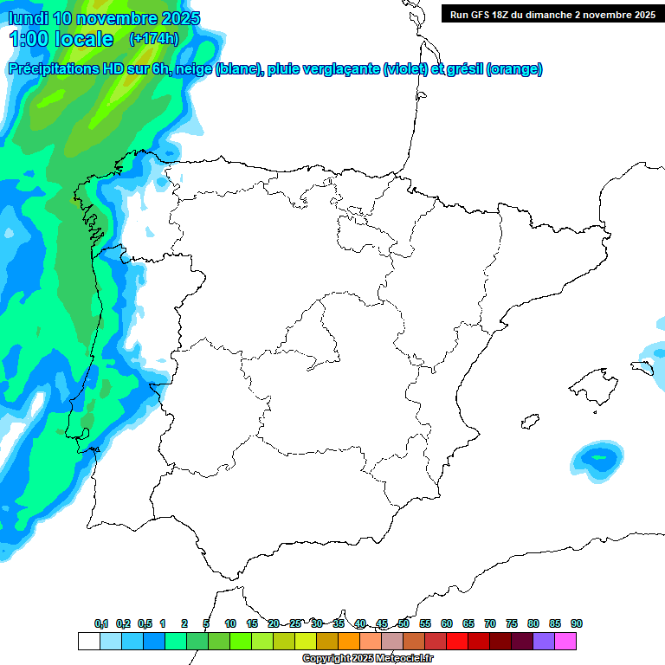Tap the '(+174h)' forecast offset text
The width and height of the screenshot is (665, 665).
point(153,38)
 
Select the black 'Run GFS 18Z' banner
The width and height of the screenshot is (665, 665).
point(552,14)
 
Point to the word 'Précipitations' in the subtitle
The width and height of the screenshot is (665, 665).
point(54,69)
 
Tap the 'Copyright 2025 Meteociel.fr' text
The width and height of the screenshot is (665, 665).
point(367,658)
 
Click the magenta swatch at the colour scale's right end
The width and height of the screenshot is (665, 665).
point(565,641)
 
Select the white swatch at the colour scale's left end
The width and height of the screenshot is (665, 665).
point(88,641)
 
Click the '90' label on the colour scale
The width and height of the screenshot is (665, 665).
point(577,623)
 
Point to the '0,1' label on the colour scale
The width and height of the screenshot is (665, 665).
point(101,623)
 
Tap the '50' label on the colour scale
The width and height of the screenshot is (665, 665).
point(404,623)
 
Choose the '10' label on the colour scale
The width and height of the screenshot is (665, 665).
point(230,623)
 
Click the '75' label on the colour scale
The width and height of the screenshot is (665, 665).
point(512,623)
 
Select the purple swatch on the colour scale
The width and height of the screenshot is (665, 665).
point(544,641)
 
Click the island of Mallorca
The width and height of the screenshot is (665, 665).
point(592,382)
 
